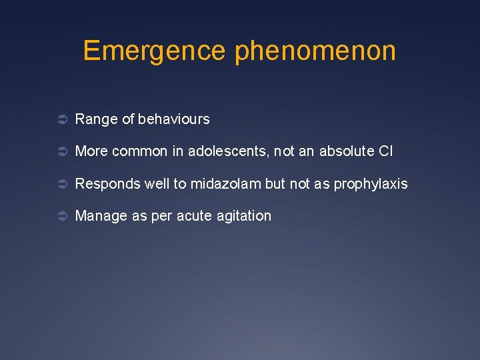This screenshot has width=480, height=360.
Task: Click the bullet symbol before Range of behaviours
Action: (x=60, y=120)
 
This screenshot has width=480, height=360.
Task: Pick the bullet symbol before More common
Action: (x=60, y=152)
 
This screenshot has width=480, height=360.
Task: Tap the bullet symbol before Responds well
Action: (x=60, y=184)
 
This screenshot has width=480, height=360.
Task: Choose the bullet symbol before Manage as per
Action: (x=60, y=216)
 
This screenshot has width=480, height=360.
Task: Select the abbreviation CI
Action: (x=385, y=151)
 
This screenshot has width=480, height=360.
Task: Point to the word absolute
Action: (x=347, y=151)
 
